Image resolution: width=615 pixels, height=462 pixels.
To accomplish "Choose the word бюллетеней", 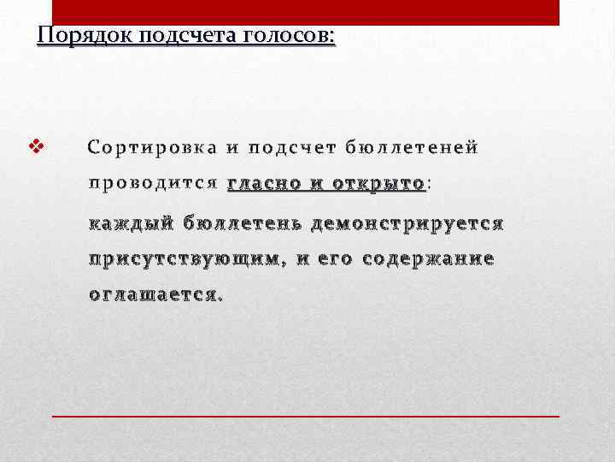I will (x=411, y=147).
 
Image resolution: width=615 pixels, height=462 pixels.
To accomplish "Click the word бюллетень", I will (x=243, y=224).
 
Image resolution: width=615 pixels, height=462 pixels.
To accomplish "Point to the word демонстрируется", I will (x=408, y=224).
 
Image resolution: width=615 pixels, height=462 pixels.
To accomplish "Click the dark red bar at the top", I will (x=306, y=12).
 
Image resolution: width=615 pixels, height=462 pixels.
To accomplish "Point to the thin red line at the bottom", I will (x=306, y=415).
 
